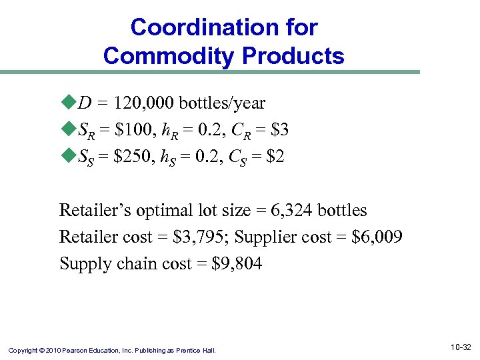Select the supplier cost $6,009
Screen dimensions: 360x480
pyautogui.click(x=377, y=237)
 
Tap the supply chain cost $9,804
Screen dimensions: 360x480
pyautogui.click(x=237, y=263)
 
